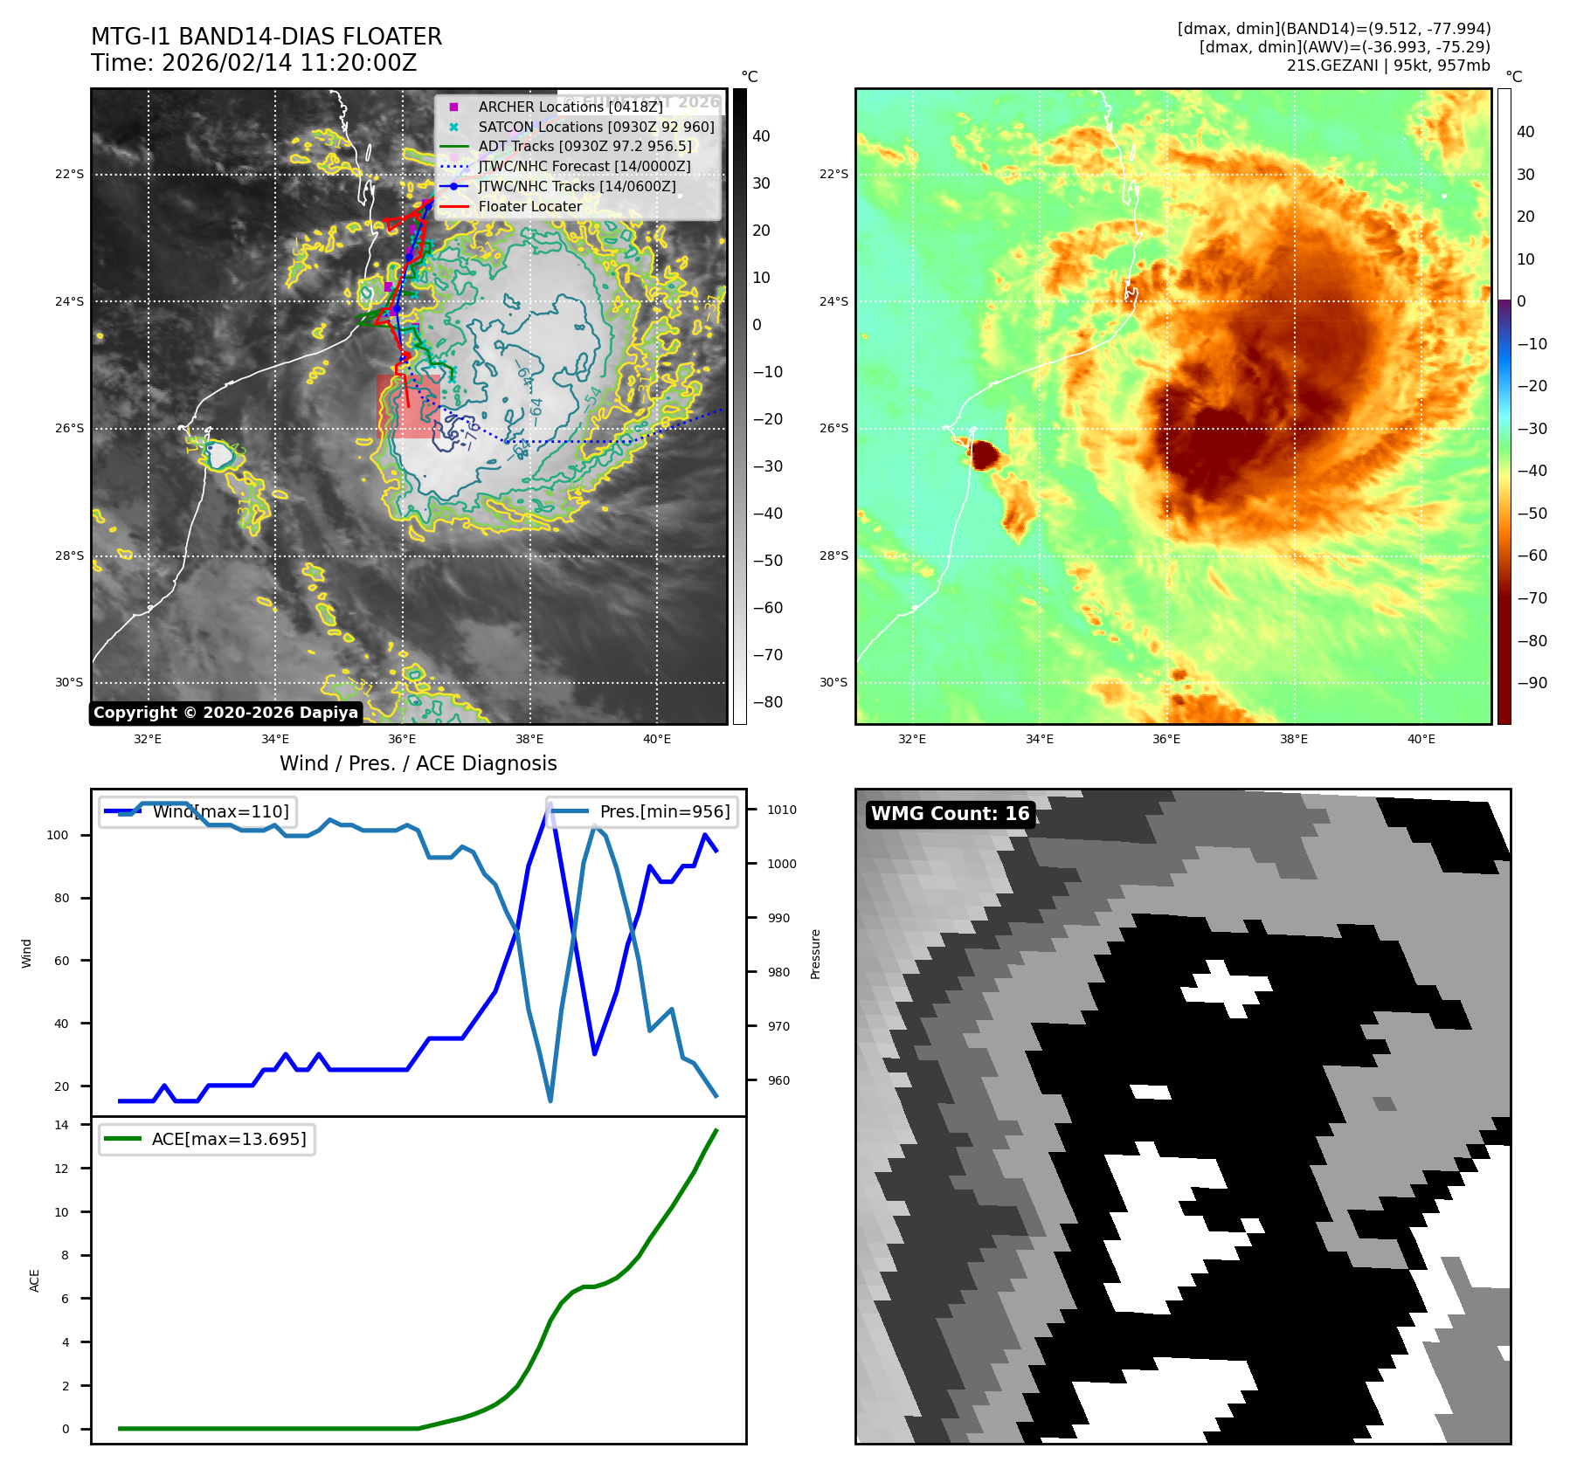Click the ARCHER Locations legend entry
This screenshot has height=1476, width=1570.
(570, 107)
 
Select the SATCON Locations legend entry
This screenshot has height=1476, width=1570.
(596, 127)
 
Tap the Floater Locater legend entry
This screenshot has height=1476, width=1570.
(529, 207)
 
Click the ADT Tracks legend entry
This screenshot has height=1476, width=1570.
(584, 147)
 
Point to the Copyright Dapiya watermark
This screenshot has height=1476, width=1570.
(225, 713)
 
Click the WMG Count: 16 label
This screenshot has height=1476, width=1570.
(950, 814)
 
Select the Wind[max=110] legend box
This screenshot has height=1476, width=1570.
(197, 811)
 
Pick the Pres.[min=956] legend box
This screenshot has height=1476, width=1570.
(642, 811)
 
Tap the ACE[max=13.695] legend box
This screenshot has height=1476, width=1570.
(207, 1139)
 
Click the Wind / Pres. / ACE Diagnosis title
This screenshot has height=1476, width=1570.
(418, 763)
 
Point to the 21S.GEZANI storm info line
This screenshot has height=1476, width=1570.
(1387, 66)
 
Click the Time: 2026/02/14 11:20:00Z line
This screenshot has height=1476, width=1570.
(253, 63)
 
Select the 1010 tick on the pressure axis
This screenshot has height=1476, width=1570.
(781, 810)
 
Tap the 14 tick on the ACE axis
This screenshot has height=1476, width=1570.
(61, 1125)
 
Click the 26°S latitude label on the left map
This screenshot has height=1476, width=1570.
(70, 429)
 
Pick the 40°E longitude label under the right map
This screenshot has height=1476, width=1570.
(1421, 739)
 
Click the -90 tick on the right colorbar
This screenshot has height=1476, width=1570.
(1532, 683)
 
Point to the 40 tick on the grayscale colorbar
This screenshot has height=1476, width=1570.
(761, 136)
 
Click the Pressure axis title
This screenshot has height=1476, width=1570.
(815, 954)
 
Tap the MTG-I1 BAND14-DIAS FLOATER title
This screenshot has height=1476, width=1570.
(266, 37)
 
